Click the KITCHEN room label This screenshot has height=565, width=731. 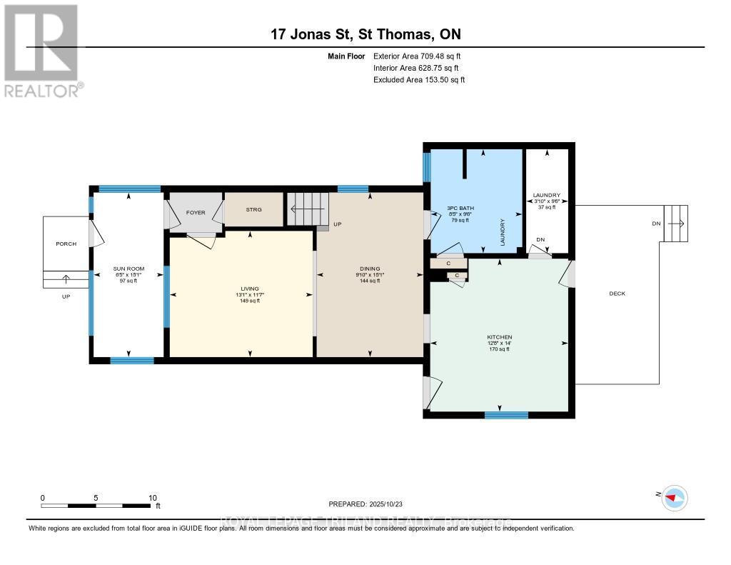point(500,337)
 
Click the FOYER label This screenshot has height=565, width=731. point(196,213)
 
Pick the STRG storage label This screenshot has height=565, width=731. point(253,210)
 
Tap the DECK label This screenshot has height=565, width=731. point(617,294)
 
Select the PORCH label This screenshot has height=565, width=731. point(66,244)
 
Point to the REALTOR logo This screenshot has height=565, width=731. point(41,50)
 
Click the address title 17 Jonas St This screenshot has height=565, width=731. point(370,35)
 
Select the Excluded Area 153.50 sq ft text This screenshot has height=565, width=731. point(419,80)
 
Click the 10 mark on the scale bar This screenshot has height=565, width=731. point(152,498)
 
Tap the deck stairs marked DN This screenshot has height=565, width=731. point(675,223)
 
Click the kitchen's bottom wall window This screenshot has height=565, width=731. point(506,414)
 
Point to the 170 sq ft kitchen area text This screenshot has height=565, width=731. point(500,349)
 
